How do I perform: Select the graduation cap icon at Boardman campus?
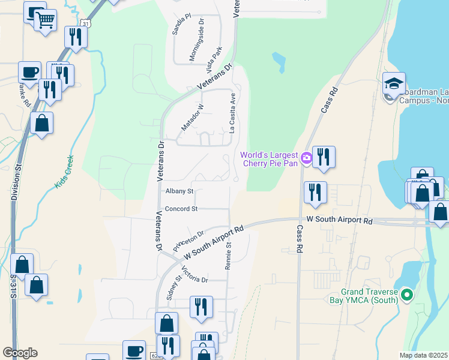point(394,83)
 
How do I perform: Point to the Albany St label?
point(179,191)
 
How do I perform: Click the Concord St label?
point(181,209)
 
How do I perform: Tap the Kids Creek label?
point(64,172)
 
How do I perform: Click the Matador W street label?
point(193,117)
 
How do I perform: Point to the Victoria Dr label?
point(194,275)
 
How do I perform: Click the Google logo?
point(20,353)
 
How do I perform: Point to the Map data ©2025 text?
point(424,355)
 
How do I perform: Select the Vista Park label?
point(214,56)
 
